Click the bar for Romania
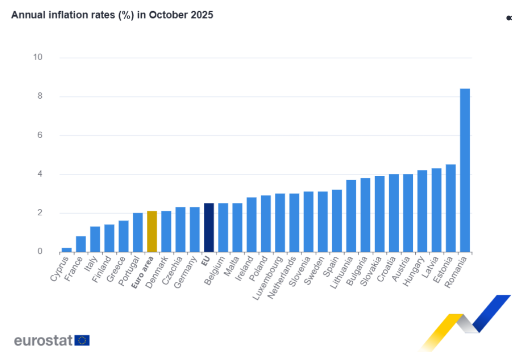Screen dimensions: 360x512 (x=464, y=170)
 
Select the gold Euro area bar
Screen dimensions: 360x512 (x=152, y=231)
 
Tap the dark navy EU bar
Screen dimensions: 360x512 (x=209, y=227)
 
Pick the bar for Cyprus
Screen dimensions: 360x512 (x=67, y=249)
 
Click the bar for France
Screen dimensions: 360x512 (x=81, y=244)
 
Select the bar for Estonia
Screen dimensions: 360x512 (x=450, y=208)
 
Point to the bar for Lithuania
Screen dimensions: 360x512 (x=351, y=216)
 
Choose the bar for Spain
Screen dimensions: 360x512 (x=337, y=220)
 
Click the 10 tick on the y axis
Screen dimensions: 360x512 (x=38, y=58)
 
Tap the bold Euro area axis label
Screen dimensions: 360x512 (x=143, y=273)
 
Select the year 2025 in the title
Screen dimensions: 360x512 (x=202, y=15)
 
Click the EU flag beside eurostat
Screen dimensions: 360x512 (x=82, y=340)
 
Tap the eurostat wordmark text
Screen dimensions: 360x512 (x=44, y=341)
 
